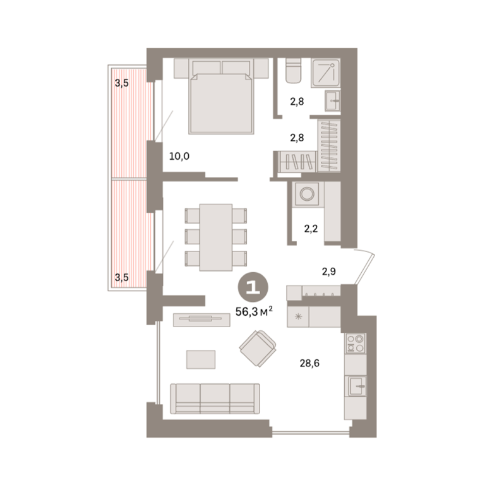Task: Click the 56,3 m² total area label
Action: pyautogui.click(x=254, y=311)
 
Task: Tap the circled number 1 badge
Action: pyautogui.click(x=253, y=288)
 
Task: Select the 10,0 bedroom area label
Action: pyautogui.click(x=179, y=156)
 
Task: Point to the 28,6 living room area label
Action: pyautogui.click(x=309, y=363)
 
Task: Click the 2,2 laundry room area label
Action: pyautogui.click(x=311, y=229)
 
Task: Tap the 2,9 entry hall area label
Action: pyautogui.click(x=329, y=272)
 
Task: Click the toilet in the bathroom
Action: pyautogui.click(x=293, y=71)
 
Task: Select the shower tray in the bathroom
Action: pyautogui.click(x=326, y=73)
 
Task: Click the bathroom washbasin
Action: pyautogui.click(x=333, y=100)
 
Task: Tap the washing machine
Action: pyautogui.click(x=307, y=194)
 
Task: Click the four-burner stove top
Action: pyautogui.click(x=356, y=344)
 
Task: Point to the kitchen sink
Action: pyautogui.click(x=357, y=386)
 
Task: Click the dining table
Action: pyautogui.click(x=216, y=237)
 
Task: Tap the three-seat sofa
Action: pyautogui.click(x=215, y=398)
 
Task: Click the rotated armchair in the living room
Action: pyautogui.click(x=258, y=349)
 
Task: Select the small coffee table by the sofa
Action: pyautogui.click(x=201, y=359)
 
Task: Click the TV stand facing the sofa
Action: pyautogui.click(x=201, y=320)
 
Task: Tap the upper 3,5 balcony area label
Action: pyautogui.click(x=121, y=83)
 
